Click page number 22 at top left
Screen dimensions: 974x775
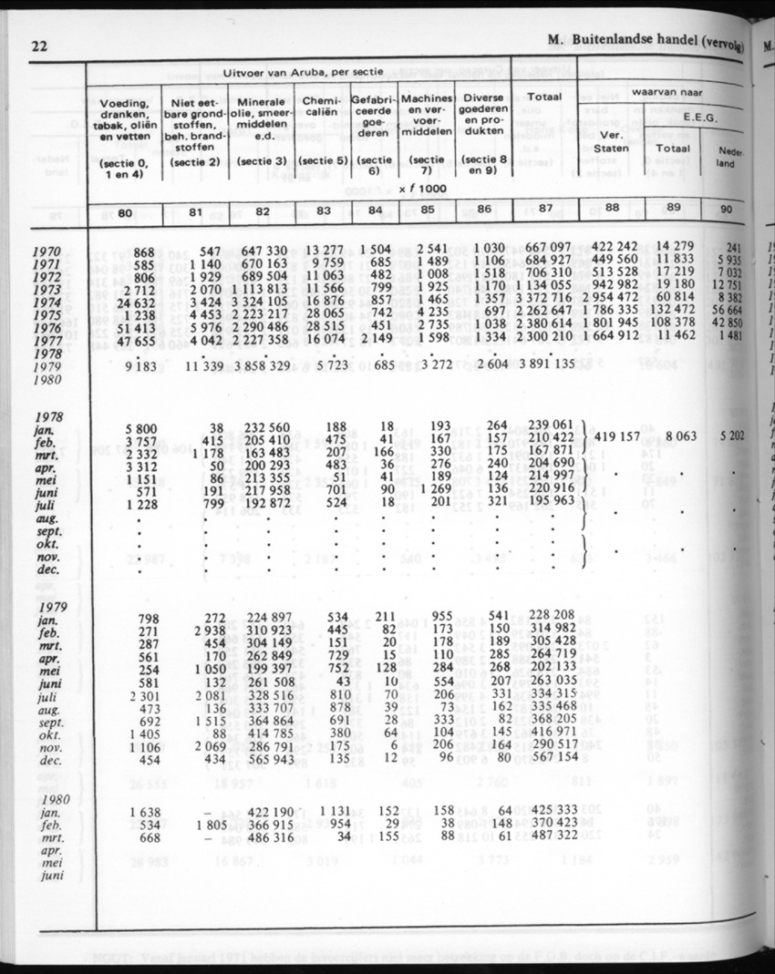[x=38, y=46]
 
